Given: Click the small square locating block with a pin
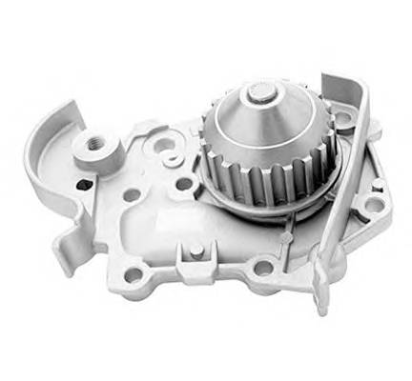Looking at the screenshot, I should [196, 251].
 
